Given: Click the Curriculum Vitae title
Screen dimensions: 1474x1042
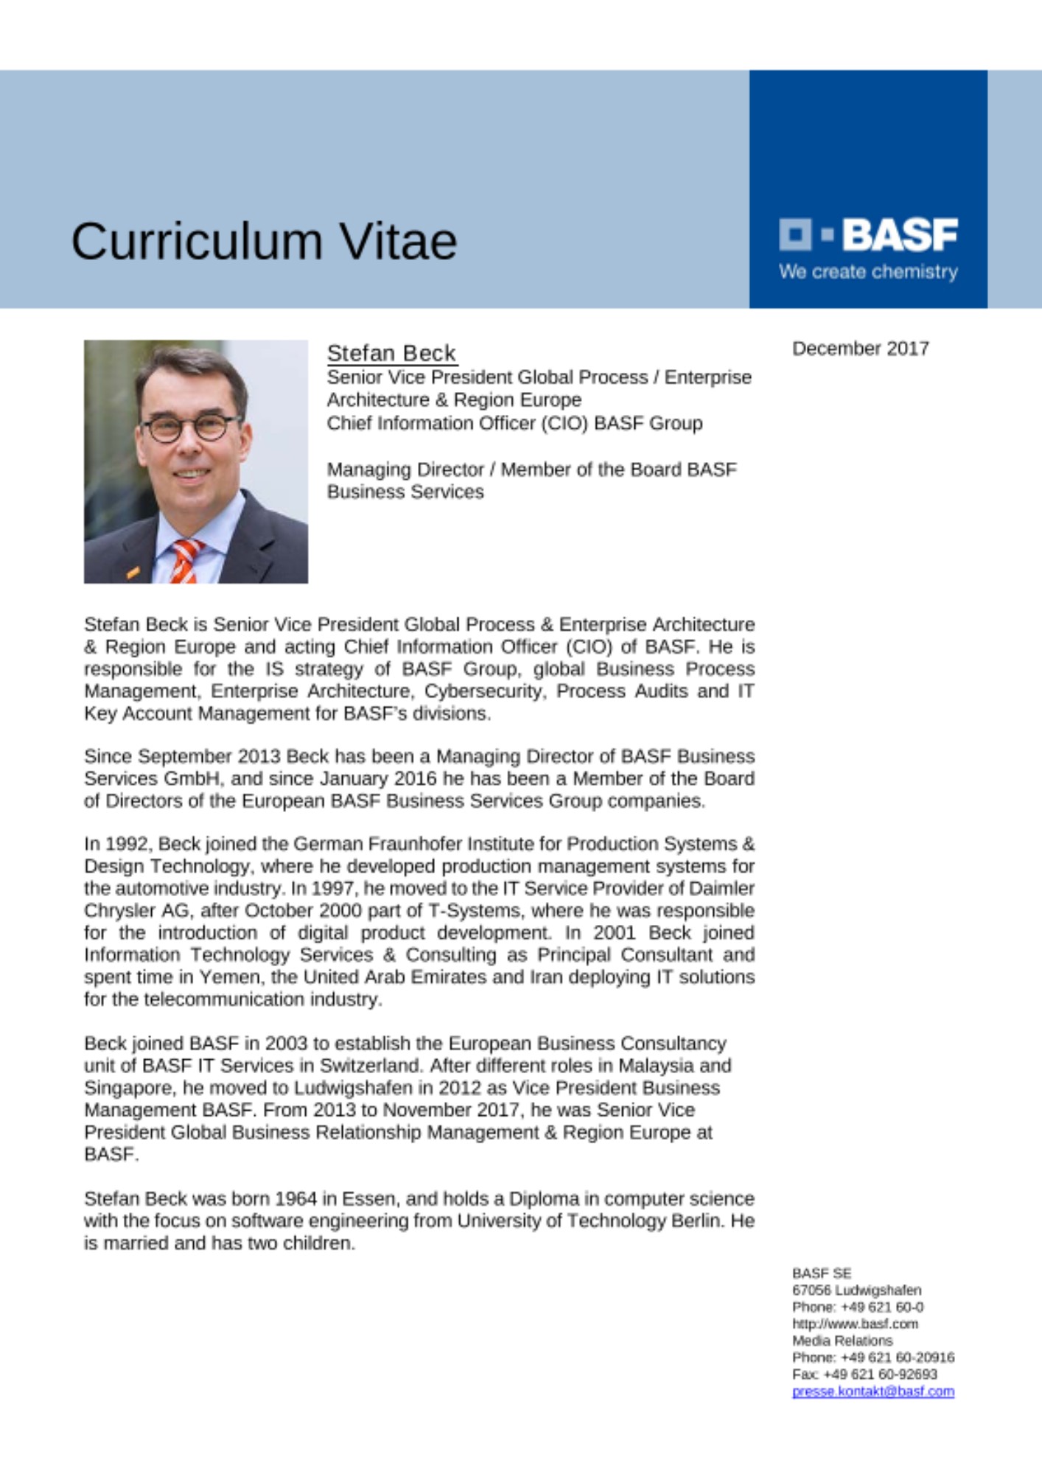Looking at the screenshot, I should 264,242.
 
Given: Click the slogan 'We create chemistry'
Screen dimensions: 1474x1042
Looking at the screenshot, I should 868,272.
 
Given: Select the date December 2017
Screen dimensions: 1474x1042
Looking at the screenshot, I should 860,349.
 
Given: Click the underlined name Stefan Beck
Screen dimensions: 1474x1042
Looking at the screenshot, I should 391,353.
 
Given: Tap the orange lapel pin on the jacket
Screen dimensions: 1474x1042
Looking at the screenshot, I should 132,570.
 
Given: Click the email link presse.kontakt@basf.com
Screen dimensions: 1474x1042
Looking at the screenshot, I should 873,1391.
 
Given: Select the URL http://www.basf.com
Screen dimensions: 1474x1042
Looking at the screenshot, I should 855,1324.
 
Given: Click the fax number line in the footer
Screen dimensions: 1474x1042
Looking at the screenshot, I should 864,1375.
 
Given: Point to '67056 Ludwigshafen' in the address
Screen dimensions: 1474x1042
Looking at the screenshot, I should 856,1290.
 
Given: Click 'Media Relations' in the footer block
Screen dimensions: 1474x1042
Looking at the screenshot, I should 842,1341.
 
